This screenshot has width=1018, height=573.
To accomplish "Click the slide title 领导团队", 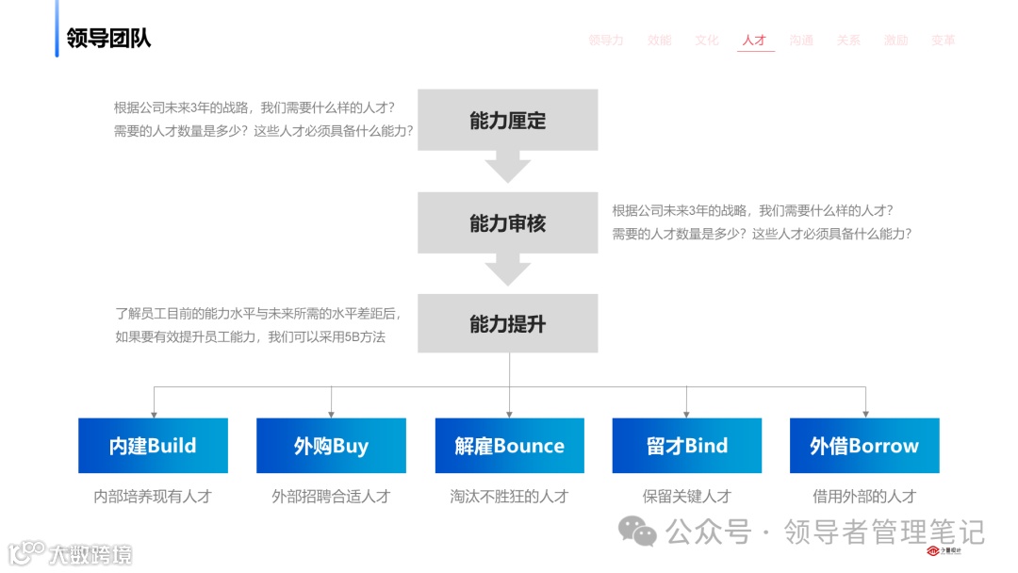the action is pos(108,39).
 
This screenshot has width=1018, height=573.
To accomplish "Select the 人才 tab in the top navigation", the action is pos(754,41).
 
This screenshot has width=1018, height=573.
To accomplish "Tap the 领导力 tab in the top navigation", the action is pos(606,41).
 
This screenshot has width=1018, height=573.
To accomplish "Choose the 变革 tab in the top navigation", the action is pos(943,41).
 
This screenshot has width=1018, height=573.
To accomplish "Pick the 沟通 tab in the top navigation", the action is pos(801,41).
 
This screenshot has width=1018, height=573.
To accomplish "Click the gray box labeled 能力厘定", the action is pos(507,121).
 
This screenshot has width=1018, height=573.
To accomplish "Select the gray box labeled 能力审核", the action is pos(507,223).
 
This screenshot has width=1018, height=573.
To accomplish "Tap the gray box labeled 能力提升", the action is pos(507,324).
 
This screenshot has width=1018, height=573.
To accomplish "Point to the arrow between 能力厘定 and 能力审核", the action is pos(507,169).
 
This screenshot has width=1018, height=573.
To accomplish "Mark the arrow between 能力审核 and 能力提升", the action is pos(507,271).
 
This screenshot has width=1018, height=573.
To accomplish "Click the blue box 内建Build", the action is pos(153,446).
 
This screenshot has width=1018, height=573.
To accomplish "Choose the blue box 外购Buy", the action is pos(331,446).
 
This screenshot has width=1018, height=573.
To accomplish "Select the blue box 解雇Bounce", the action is pos(509,446).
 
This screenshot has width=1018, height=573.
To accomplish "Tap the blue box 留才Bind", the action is pos(687,446).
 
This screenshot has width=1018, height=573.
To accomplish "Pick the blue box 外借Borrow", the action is pos(864,446).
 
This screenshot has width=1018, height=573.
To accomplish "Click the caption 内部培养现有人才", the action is pos(153,496).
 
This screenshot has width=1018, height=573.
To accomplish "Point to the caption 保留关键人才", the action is pos(687,496).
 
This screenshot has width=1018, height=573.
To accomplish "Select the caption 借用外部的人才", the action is pos(864,496).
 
